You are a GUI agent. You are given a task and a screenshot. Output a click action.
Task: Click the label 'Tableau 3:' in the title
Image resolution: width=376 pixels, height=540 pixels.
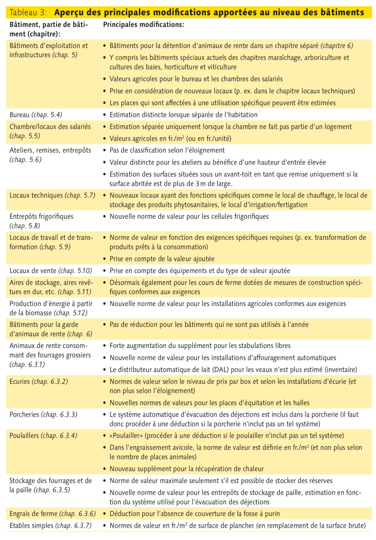[x=29, y=12]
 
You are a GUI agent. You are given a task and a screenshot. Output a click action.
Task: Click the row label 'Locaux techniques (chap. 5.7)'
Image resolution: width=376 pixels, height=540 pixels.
[x=52, y=195]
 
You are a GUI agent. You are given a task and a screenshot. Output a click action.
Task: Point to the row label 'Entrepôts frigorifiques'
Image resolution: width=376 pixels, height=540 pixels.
[x=41, y=216]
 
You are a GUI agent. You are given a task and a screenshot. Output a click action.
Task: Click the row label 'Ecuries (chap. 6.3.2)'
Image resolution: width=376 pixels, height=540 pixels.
[x=39, y=382]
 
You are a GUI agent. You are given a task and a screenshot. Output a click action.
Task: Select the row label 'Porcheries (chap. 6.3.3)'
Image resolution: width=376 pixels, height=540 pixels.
[x=44, y=414]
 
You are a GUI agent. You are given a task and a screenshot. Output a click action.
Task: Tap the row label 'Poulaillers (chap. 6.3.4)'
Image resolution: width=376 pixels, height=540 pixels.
[x=43, y=435]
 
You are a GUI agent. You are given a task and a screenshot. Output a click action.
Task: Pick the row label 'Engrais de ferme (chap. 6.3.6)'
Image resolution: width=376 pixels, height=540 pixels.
[x=52, y=513]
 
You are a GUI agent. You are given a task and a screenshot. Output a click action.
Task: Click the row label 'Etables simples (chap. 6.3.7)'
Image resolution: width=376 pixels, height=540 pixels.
[x=50, y=526]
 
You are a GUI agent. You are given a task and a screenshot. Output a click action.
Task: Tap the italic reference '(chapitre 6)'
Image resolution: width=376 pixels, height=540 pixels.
[x=337, y=46]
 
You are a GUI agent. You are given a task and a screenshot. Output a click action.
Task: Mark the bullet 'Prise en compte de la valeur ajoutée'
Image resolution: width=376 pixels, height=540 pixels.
[x=162, y=259]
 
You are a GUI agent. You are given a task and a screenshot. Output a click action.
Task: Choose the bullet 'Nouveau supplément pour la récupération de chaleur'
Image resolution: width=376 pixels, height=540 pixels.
[x=186, y=469]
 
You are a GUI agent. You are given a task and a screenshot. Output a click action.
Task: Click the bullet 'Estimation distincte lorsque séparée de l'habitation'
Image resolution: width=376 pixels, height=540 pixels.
[x=183, y=115]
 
